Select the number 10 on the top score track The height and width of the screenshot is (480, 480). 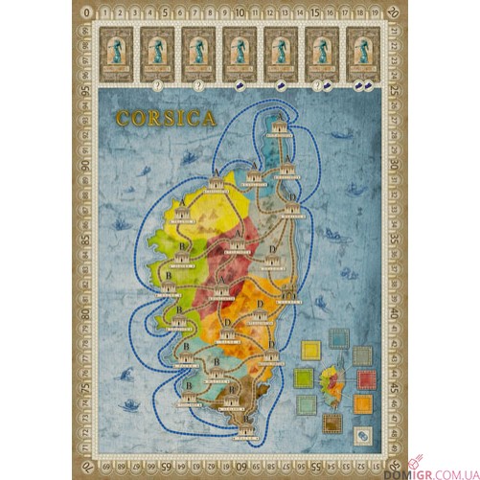[x=240, y=13]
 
